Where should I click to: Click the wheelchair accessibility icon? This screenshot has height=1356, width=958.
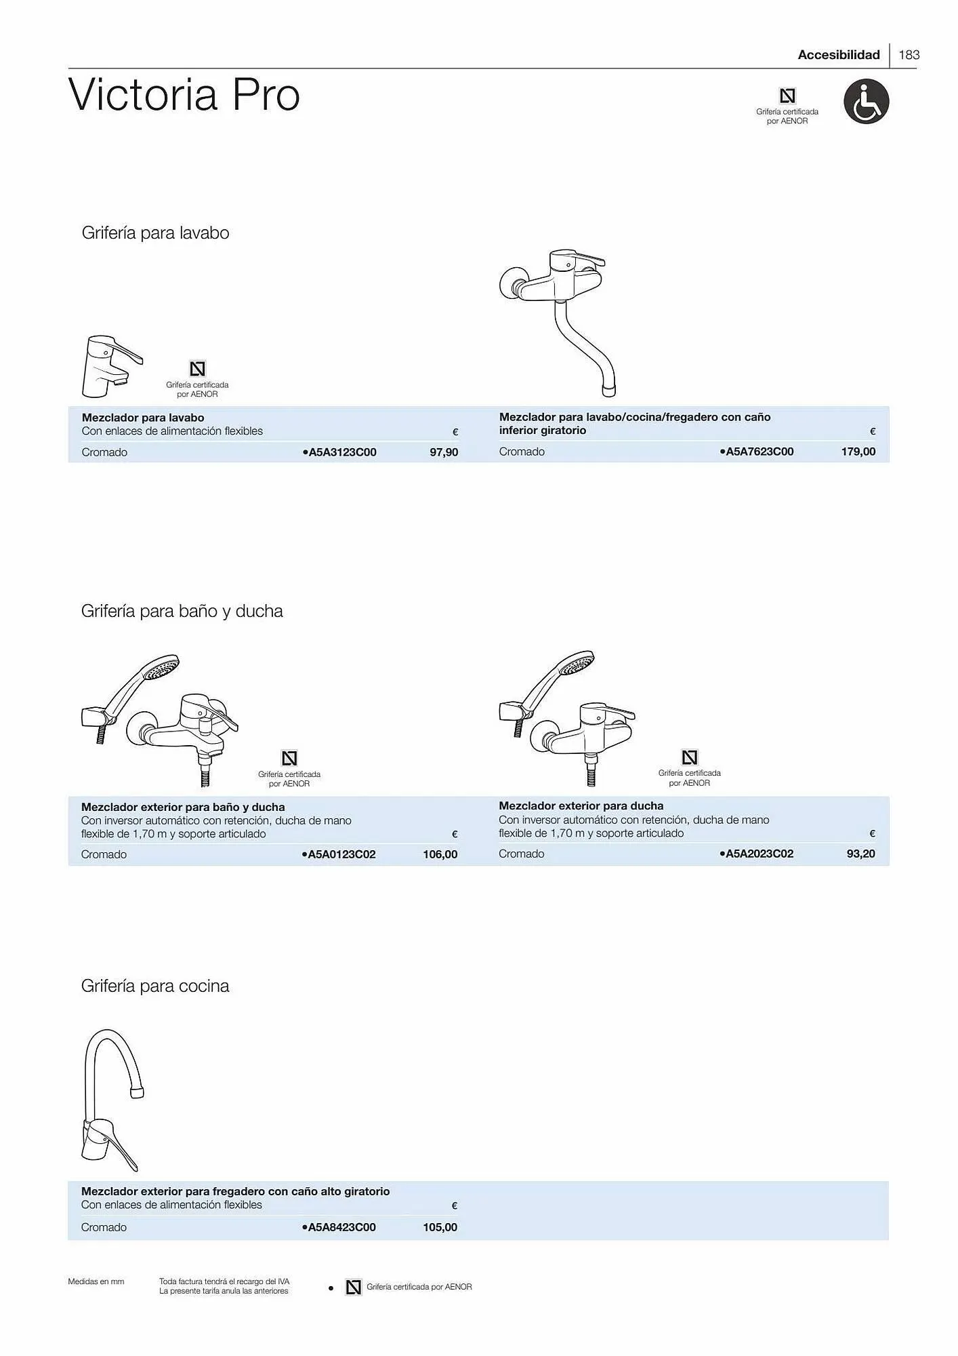(866, 102)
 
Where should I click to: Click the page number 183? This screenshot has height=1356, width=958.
(909, 55)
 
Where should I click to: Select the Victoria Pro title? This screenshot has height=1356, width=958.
(184, 95)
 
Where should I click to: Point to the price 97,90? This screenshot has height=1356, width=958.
(444, 452)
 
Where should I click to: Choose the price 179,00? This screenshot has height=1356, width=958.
(858, 452)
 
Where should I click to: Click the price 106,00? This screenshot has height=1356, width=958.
(440, 854)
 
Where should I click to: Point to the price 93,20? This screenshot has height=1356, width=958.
(860, 854)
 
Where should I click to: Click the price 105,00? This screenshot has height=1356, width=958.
(440, 1227)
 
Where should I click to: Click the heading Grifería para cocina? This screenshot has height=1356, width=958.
(155, 986)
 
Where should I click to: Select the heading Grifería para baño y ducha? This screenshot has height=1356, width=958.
(182, 611)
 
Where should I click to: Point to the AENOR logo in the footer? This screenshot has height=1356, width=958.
(353, 1287)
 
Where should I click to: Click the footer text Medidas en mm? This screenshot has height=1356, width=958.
(96, 1281)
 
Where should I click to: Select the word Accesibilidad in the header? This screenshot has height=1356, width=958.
(838, 55)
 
